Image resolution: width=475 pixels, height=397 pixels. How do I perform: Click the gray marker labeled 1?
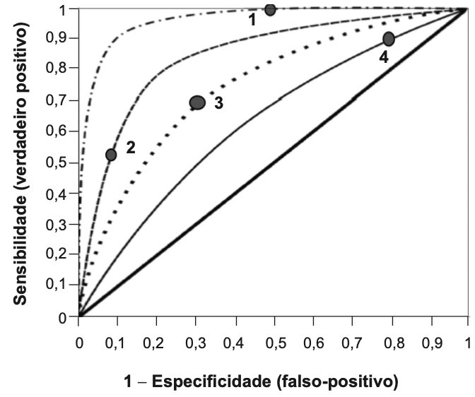point(270,10)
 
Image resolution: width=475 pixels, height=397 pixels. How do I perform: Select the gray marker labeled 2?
point(111,155)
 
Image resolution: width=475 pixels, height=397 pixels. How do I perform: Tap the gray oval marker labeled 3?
point(197,102)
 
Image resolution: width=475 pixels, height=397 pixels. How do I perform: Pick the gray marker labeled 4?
point(389,39)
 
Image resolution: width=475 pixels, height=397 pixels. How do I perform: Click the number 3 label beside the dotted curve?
point(218,103)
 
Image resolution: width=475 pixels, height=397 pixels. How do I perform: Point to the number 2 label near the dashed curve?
point(131,148)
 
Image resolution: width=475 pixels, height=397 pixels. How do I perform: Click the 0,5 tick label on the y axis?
point(56,162)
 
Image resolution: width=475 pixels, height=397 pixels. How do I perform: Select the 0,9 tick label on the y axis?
point(56,38)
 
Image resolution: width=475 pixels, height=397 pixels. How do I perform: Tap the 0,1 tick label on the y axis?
point(56,284)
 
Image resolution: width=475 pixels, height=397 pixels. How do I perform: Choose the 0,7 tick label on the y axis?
point(56,100)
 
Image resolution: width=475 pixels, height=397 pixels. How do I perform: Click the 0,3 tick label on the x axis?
point(195,344)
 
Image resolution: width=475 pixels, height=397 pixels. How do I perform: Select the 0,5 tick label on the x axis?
point(276,344)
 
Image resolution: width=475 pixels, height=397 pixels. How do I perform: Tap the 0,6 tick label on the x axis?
point(314,344)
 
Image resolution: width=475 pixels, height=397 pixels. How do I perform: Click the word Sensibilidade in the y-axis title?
point(20,249)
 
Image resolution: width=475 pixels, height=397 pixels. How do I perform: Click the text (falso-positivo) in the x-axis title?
point(337,382)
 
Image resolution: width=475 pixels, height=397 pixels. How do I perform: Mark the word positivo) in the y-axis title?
point(21,54)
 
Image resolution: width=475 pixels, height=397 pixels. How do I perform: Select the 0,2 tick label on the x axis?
point(153,344)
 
